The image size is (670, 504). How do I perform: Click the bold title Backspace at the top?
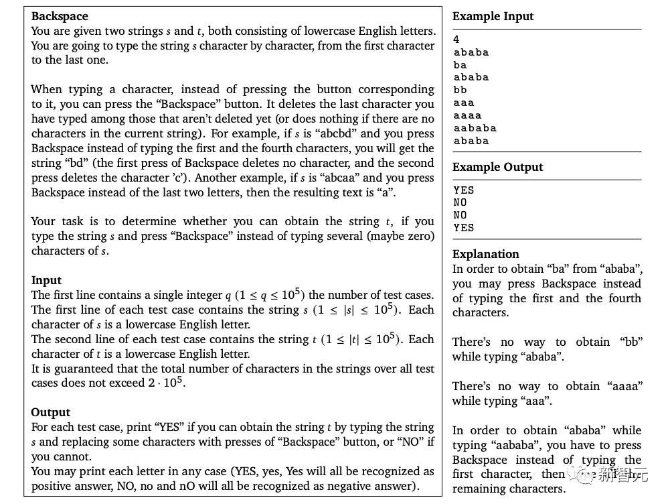coord(60,16)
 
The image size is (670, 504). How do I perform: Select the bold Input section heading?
coord(46,280)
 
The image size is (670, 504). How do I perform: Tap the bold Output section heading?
coord(50,412)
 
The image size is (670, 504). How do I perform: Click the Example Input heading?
coord(493,16)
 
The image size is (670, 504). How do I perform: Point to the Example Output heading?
coord(497,167)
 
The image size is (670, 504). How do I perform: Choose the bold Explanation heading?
coord(485,254)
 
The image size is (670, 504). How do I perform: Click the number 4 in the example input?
coord(456,40)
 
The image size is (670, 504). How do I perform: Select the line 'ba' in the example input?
coord(460,65)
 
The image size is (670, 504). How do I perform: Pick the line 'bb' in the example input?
coord(460,90)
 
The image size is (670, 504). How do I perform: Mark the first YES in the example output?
coord(463,190)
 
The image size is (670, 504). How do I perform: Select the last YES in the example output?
coord(463,228)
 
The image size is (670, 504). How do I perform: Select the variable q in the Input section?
coord(228,296)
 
